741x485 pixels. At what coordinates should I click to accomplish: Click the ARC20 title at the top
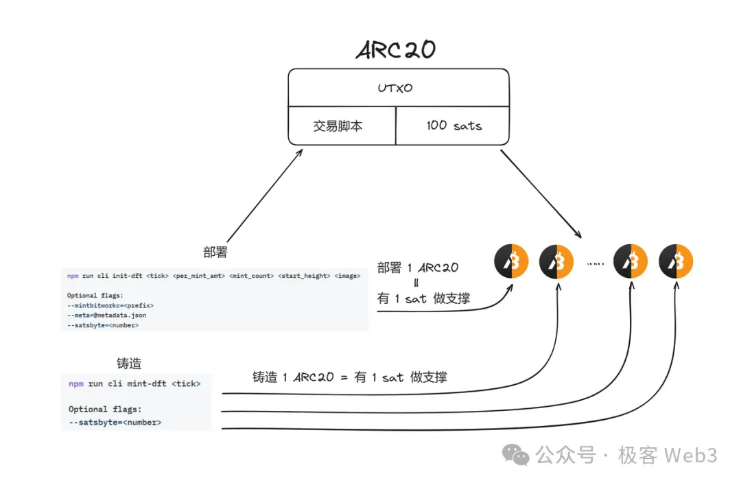[396, 50]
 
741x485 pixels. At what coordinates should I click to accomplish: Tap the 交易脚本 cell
[338, 126]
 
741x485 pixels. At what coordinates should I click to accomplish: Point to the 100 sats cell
[454, 126]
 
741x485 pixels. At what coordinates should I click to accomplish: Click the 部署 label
[215, 252]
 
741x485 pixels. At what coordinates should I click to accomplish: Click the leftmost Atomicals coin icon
[511, 261]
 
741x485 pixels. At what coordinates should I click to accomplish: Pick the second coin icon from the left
[556, 261]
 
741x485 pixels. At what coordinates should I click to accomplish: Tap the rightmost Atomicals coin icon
[676, 261]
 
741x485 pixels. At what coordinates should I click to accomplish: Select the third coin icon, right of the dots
[631, 261]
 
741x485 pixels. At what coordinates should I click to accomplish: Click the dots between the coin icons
[594, 263]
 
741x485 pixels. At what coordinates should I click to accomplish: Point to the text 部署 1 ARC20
[418, 268]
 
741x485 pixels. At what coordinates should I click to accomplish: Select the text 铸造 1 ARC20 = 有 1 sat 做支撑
[349, 377]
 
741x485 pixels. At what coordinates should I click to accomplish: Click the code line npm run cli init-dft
[213, 276]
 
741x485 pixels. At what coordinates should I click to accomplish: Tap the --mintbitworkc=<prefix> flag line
[110, 305]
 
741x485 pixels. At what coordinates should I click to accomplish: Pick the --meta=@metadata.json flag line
[106, 315]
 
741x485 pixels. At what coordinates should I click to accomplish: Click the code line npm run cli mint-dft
[134, 383]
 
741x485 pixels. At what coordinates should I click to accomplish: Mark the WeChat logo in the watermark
[515, 454]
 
